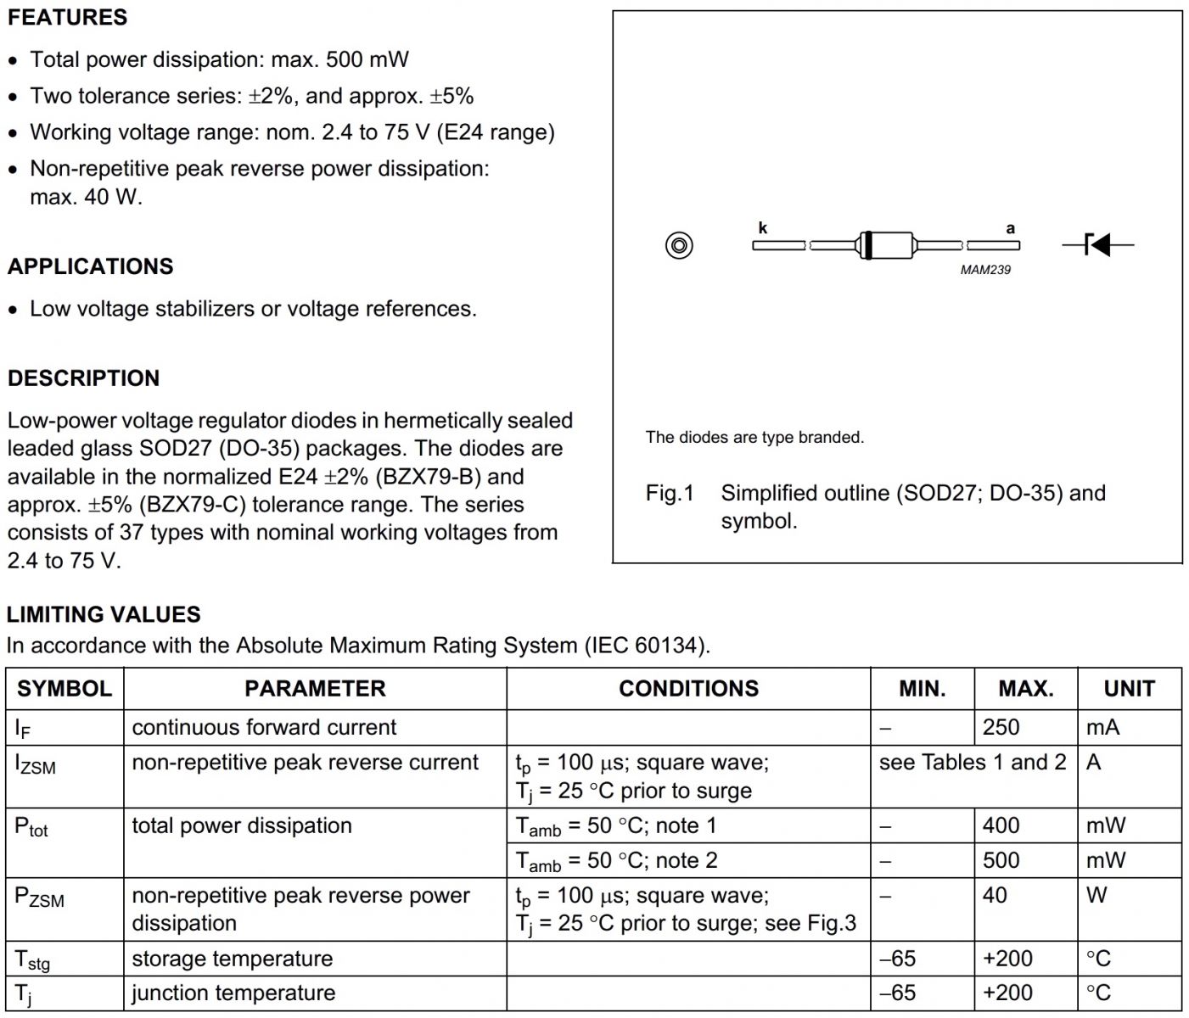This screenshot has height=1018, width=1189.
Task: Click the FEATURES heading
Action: coord(67,17)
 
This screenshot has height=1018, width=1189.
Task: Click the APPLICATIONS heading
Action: coord(90,266)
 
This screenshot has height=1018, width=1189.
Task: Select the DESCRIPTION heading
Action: coord(83,378)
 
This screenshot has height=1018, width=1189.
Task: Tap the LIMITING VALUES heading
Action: coord(104,614)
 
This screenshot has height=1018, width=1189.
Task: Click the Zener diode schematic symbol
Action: coord(1098,245)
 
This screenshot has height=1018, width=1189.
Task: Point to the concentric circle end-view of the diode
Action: coord(679,245)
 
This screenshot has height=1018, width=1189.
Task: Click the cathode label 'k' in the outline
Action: coord(762,227)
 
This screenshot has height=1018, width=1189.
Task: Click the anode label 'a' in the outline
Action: coord(1010,228)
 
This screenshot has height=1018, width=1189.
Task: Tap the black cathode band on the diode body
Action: coord(867,245)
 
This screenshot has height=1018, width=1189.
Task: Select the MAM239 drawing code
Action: coord(985,270)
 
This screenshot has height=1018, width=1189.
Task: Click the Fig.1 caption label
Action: coord(670,493)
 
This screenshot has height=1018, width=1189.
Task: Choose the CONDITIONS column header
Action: coord(688,689)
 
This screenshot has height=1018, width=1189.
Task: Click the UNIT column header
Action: coord(1129,689)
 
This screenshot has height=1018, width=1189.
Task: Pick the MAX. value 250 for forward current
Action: coord(1001,727)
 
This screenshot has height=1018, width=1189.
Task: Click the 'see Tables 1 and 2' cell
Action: coord(973,762)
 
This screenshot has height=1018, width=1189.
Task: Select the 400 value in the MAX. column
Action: coord(1001,825)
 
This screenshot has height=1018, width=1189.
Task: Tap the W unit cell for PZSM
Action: coord(1096,895)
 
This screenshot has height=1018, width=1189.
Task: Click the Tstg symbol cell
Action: coord(32,959)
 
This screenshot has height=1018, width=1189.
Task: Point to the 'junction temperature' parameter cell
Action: coord(233,993)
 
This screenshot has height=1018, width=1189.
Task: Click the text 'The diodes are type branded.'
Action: coord(754,438)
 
